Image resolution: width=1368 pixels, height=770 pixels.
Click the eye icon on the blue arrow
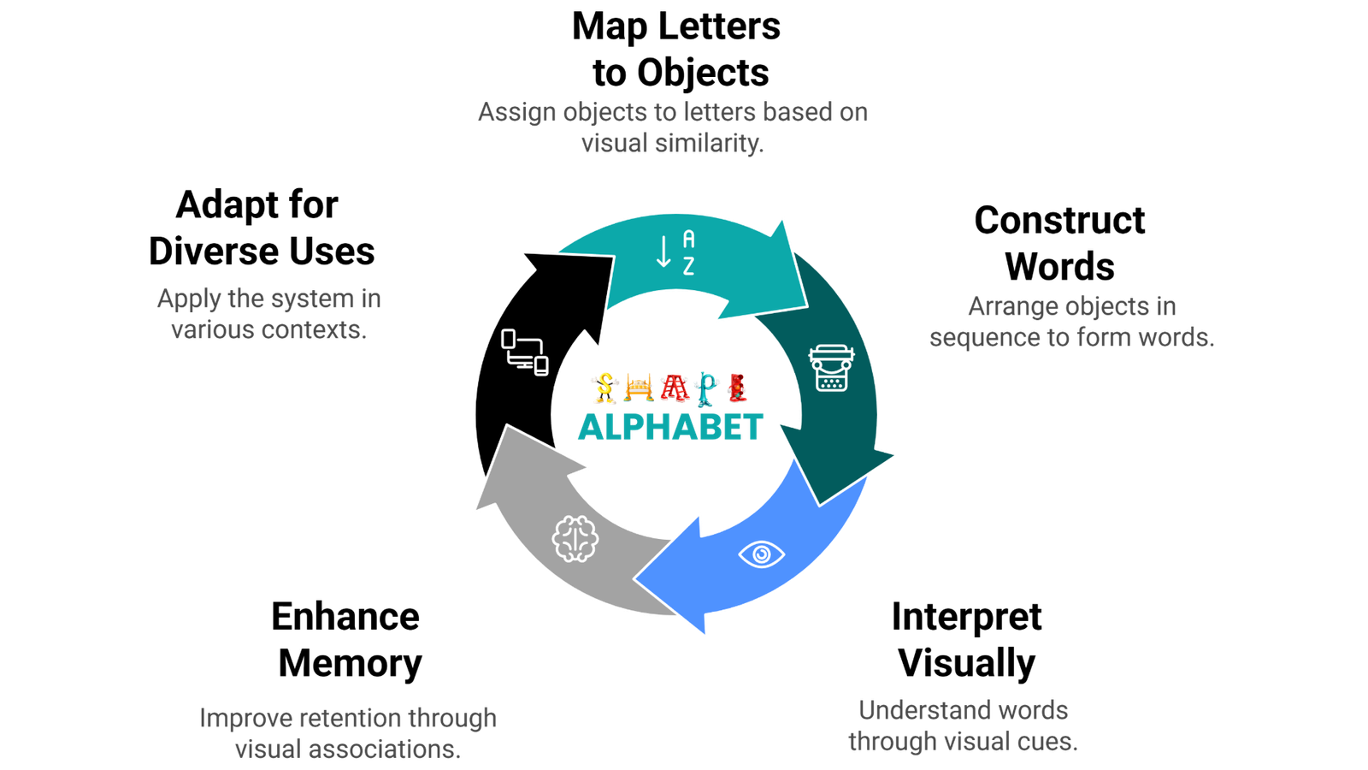coord(761,554)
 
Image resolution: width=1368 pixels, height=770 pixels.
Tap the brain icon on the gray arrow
coord(575,539)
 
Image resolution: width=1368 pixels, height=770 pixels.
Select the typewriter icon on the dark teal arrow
coord(828,368)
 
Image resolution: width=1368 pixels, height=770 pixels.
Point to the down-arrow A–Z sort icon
coord(675,252)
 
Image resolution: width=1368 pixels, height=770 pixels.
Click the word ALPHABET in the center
coord(670,427)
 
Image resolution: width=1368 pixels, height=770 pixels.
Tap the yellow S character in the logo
coord(604,388)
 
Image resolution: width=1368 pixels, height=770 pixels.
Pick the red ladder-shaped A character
coord(674,388)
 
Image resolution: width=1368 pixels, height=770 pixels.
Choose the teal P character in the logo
coord(706,388)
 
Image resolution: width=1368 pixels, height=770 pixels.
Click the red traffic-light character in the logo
coord(736,388)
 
